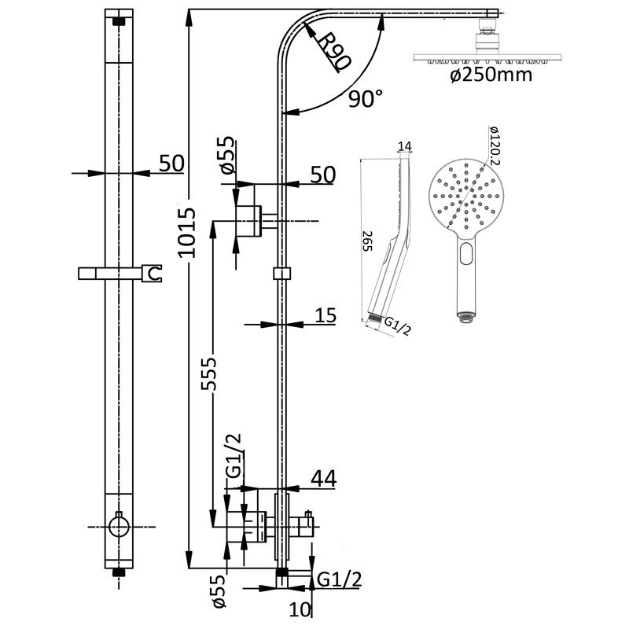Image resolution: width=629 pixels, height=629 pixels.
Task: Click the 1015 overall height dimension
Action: [x=187, y=232]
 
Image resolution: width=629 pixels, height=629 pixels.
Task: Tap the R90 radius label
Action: [x=334, y=51]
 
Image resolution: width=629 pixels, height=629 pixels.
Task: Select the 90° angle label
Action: [x=365, y=98]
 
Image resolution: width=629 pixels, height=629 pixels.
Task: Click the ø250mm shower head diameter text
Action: [x=491, y=75]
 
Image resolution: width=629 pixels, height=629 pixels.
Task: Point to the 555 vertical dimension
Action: [x=208, y=373]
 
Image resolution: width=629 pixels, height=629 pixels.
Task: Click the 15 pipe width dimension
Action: [x=326, y=315]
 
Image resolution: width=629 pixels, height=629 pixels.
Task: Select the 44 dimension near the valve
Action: [x=324, y=479]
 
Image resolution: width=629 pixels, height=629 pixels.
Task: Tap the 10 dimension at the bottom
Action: [x=300, y=610]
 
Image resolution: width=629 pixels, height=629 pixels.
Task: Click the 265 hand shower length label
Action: [x=367, y=241]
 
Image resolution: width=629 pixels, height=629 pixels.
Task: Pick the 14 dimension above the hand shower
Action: [x=405, y=146]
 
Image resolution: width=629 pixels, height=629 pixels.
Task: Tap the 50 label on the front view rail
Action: [x=171, y=163]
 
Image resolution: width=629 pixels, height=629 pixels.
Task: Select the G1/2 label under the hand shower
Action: [x=398, y=326]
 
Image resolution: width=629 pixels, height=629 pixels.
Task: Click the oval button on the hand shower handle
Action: [x=466, y=253]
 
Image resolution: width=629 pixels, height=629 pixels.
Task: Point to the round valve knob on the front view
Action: [x=119, y=526]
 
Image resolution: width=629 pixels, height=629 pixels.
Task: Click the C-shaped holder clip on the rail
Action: [x=152, y=274]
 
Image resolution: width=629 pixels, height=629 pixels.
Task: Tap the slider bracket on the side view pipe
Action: [x=282, y=274]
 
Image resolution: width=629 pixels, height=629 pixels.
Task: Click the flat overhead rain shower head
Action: [x=487, y=58]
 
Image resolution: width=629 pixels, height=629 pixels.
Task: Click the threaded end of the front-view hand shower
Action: [x=465, y=317]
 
